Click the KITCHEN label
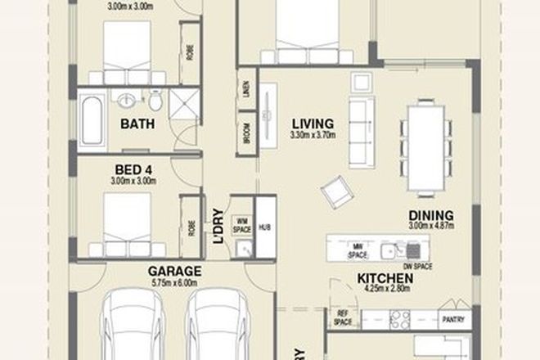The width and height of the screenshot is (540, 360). coord(384,278)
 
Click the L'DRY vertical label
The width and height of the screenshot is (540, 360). coord(218,227)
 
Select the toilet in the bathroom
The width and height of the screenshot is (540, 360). coord(155,101)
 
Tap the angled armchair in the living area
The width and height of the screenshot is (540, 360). coord(335,193)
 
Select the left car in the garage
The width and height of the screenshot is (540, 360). coord(131,327)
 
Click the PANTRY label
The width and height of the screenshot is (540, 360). coord(452,319)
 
